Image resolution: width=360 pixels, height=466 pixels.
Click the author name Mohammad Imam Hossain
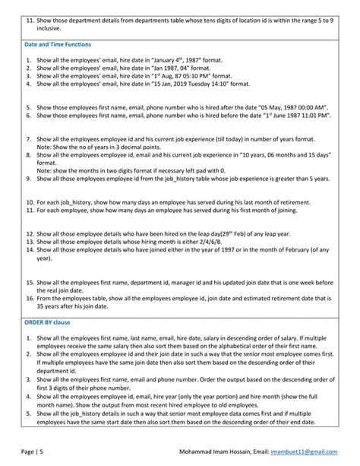pyautogui.click(x=223, y=451)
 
